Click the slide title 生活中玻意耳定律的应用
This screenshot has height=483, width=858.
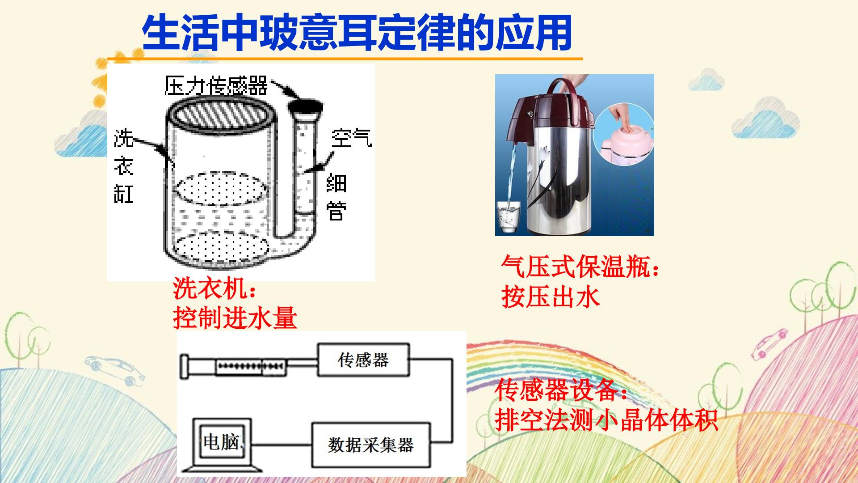357,33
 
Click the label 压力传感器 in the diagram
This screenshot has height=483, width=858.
216,85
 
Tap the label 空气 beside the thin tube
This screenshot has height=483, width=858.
352,138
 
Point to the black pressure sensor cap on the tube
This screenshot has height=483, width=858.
306,108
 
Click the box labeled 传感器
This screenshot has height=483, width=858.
363,360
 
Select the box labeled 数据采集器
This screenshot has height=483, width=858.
371,445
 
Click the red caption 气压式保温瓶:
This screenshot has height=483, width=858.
580,267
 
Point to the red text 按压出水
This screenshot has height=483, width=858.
550,297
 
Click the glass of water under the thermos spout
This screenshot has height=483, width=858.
509,216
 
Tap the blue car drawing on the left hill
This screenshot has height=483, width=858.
114,369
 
